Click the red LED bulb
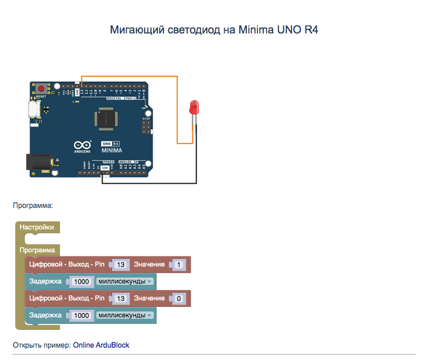[194, 107]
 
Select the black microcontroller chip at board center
[104, 119]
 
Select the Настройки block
[37, 227]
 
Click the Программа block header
[37, 250]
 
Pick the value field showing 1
[178, 264]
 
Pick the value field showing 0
[178, 298]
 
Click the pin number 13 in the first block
[121, 264]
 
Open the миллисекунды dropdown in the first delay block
[125, 281]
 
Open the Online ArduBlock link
[101, 345]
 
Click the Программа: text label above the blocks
[33, 205]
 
